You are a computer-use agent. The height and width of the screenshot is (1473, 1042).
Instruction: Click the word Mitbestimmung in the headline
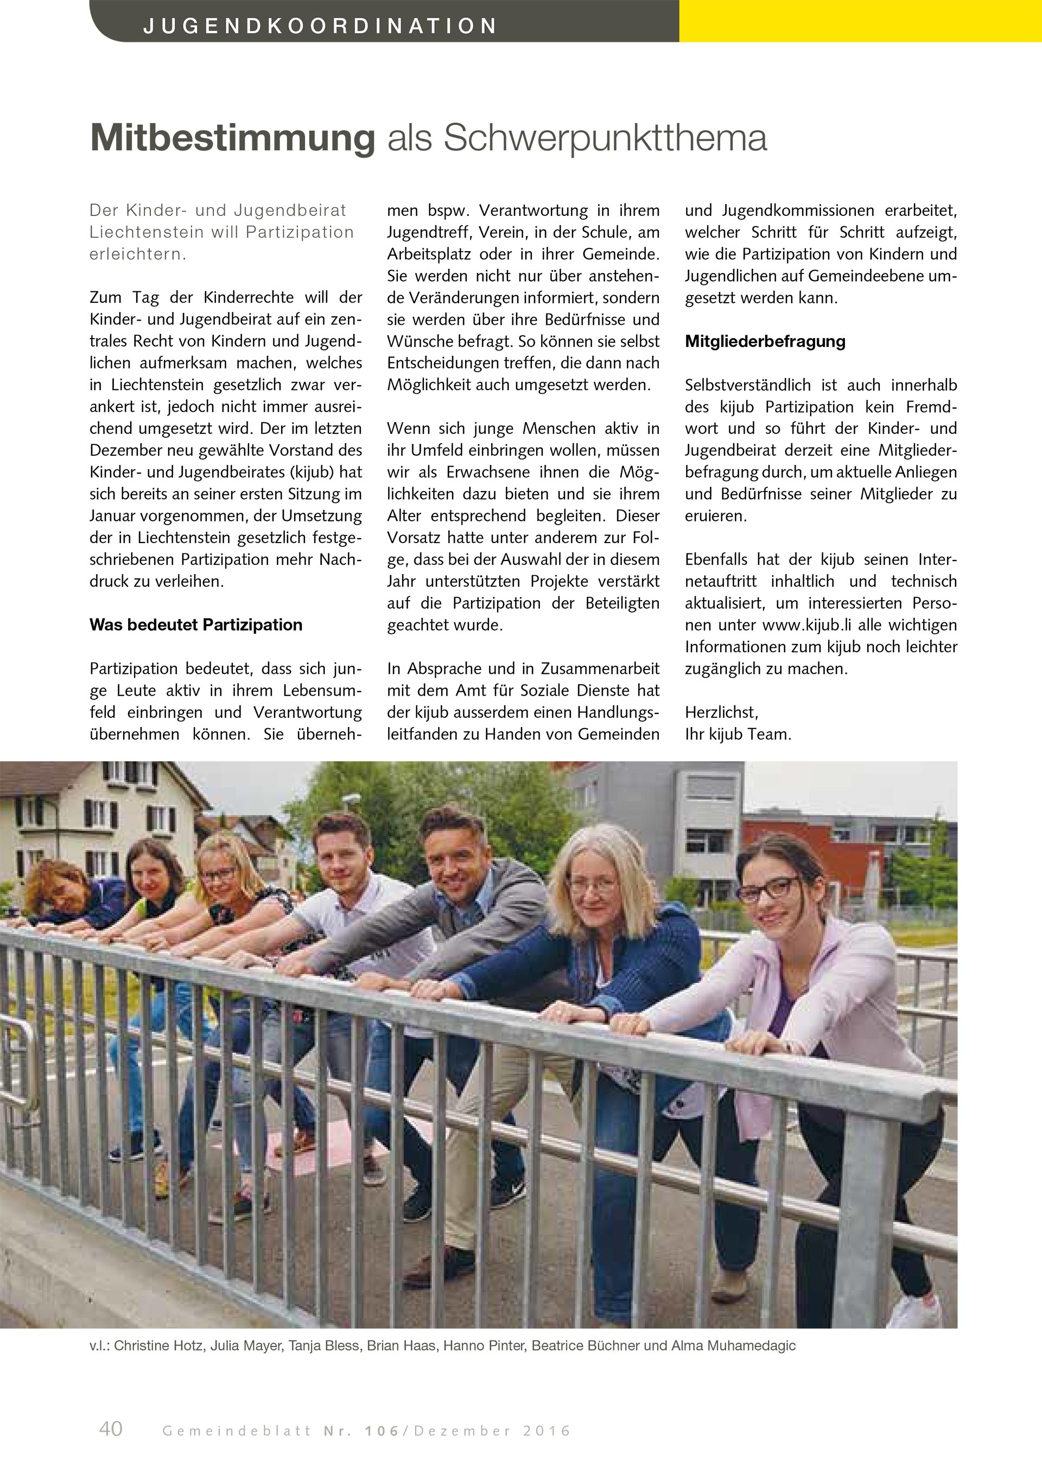point(232,137)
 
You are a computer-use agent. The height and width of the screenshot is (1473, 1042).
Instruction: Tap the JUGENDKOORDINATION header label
point(320,25)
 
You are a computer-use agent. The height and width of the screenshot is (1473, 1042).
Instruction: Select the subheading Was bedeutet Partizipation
point(196,625)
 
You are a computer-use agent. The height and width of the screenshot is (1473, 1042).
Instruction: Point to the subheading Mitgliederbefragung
point(765,341)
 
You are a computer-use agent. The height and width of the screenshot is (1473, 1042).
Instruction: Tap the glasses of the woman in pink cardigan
point(768,889)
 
